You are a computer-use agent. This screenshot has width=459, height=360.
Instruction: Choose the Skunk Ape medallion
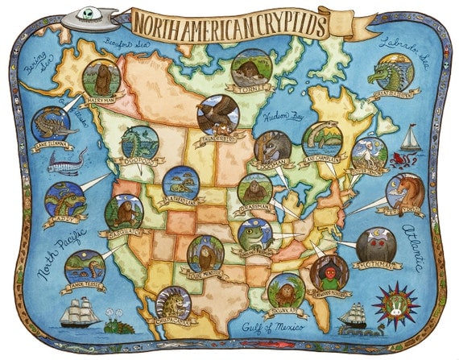point(287,291)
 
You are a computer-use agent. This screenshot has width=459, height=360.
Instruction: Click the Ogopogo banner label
point(139,159)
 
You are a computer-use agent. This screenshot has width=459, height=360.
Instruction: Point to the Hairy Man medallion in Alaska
point(101,77)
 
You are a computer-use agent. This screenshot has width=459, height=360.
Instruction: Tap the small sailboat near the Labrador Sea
point(411,139)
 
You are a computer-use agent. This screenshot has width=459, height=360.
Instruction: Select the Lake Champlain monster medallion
point(322,139)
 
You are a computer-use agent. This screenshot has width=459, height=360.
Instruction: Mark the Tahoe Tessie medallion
point(84,267)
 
